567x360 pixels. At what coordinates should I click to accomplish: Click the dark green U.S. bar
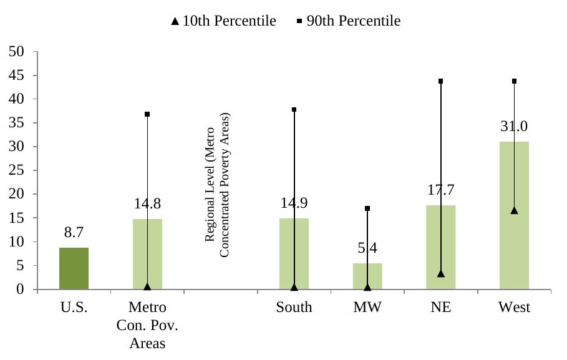(74, 268)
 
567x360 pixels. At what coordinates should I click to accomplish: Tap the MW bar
(367, 276)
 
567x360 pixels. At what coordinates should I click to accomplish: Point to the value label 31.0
(514, 126)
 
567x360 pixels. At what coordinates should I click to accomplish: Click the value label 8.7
(74, 233)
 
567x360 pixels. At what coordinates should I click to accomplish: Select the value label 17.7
(440, 190)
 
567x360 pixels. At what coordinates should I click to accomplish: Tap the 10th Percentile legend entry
(223, 21)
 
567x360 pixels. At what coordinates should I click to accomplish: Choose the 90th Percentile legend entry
(349, 21)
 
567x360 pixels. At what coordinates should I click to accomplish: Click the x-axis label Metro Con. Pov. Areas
(147, 325)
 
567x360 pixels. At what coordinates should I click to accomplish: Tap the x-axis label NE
(440, 308)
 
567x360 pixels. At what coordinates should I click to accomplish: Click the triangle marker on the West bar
(514, 210)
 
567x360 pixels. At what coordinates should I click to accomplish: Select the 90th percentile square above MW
(367, 208)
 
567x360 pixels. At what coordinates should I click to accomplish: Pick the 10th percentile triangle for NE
(440, 273)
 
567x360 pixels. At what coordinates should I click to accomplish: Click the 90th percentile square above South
(294, 110)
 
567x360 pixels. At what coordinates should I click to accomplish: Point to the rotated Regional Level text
(218, 185)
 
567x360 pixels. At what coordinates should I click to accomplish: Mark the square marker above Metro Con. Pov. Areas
(147, 114)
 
